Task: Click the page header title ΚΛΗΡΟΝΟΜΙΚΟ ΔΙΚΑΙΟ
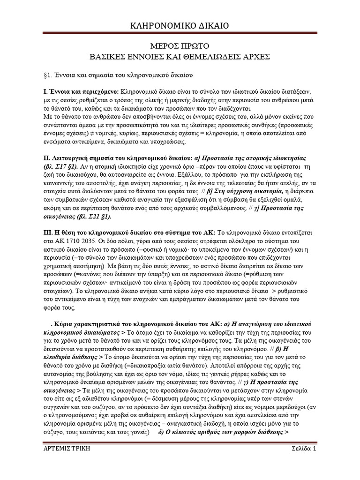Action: (x=180, y=26)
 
